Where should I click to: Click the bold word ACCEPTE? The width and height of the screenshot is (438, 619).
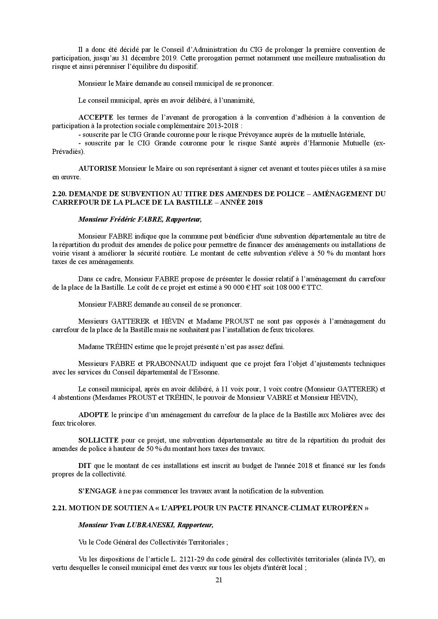pyautogui.click(x=96, y=117)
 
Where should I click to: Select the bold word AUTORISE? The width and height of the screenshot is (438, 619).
pyautogui.click(x=97, y=168)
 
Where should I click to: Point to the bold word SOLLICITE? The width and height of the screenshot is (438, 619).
pyautogui.click(x=98, y=440)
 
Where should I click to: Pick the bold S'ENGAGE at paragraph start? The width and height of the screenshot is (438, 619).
pyautogui.click(x=97, y=491)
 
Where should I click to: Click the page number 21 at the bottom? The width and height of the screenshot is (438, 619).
pyautogui.click(x=219, y=580)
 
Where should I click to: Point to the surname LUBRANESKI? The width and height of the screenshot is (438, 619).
pyautogui.click(x=153, y=525)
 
